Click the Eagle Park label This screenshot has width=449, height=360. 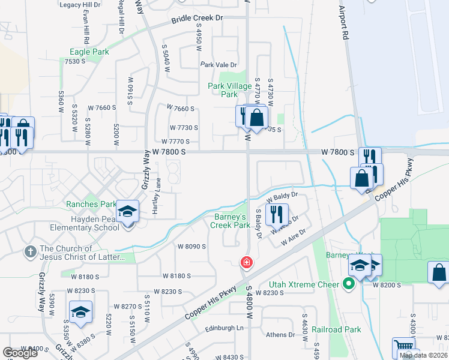point(89,52)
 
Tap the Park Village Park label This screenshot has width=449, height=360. point(230,90)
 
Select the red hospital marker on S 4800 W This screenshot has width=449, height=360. point(246,262)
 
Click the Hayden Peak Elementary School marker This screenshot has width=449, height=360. point(128,211)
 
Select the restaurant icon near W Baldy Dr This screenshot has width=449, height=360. point(277,213)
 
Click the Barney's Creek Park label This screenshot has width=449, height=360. point(230,221)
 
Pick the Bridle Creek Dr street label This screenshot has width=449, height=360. point(197,19)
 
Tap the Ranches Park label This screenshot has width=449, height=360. point(91,204)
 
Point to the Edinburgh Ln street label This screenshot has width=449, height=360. point(224,328)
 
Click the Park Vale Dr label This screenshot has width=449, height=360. point(218,65)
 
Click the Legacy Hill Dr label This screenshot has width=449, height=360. point(79,4)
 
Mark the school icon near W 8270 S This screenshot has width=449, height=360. point(81,312)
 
